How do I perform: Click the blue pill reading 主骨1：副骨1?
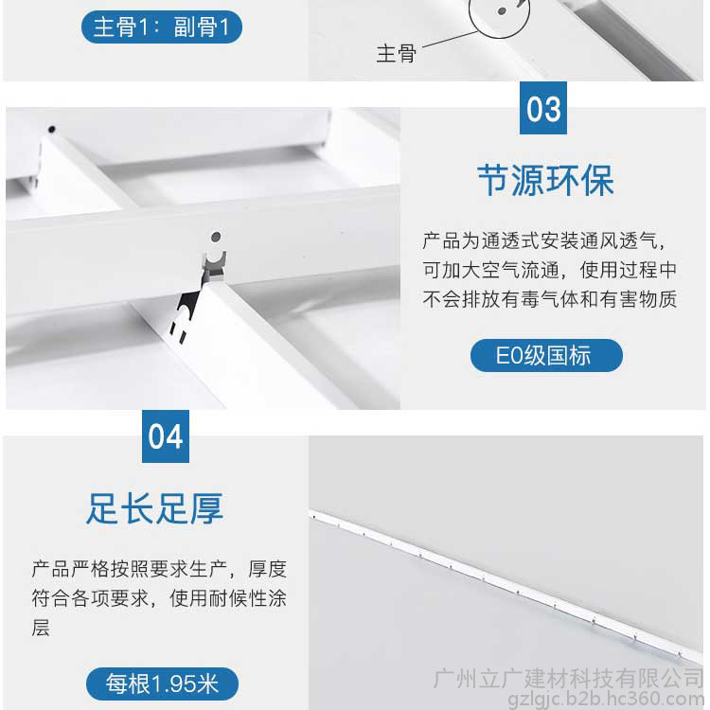tap(162, 27)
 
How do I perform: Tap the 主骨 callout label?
tap(397, 53)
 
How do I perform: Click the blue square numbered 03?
tap(543, 108)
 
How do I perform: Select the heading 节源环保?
tap(545, 180)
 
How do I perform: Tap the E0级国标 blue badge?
tap(546, 355)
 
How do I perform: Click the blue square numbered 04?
tap(166, 436)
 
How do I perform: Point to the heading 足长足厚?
tap(155, 508)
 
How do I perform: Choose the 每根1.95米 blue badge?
tap(162, 683)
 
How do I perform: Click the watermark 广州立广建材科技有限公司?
tap(568, 679)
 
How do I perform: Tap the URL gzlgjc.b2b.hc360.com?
tap(606, 699)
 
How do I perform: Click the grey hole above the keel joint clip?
tap(216, 237)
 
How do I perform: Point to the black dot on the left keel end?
tap(52, 130)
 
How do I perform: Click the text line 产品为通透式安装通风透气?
tap(543, 240)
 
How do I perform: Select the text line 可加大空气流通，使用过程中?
tap(550, 270)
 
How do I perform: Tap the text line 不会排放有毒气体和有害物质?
tap(550, 299)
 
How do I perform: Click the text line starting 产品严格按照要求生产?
tap(159, 569)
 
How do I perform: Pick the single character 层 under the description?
tap(41, 628)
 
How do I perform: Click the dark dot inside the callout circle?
tap(502, 10)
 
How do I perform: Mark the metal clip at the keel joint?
tap(214, 265)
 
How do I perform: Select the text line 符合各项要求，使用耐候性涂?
tap(159, 598)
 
